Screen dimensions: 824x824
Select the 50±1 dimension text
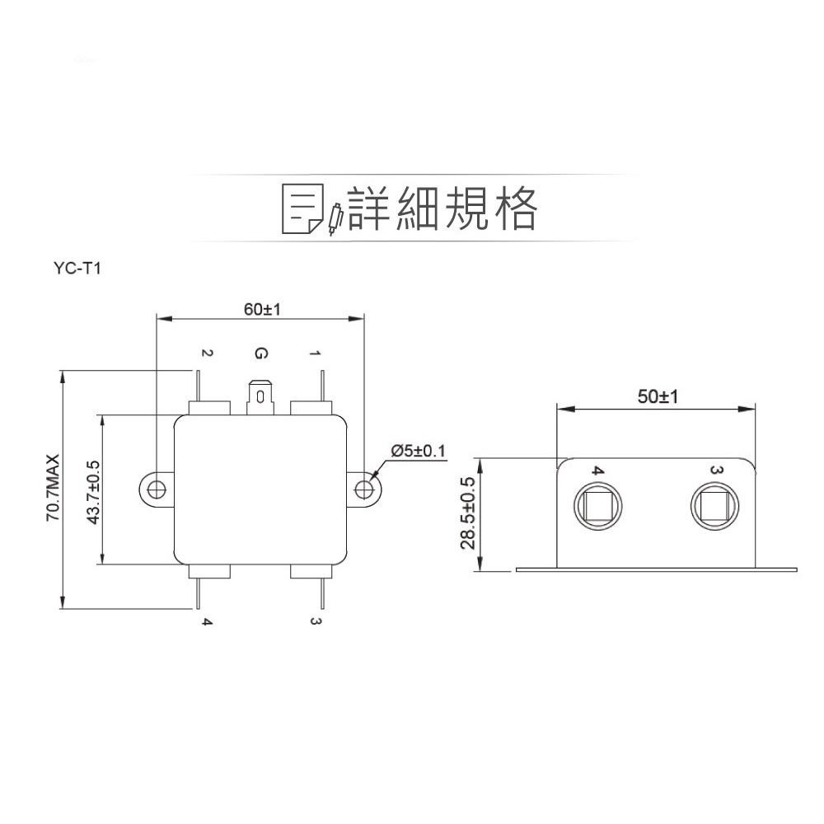657,397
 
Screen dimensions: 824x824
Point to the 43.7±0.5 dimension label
93,492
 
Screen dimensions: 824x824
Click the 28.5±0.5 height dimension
468,513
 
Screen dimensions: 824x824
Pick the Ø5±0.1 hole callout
418,451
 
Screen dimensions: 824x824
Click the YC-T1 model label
75,268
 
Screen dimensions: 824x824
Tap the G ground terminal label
260,354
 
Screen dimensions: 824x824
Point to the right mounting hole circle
363,489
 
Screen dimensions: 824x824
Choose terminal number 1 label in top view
315,353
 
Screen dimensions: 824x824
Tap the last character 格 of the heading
513,208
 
